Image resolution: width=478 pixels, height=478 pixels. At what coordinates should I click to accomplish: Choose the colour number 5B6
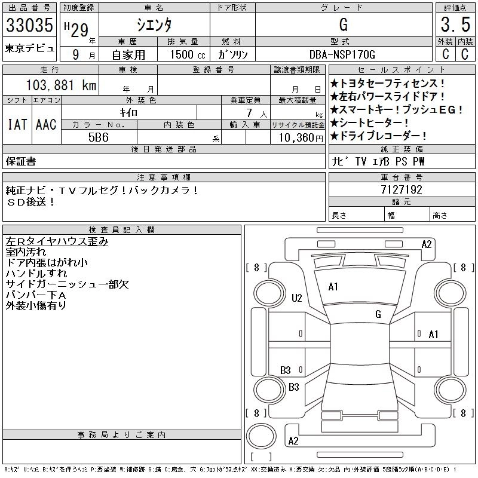99,137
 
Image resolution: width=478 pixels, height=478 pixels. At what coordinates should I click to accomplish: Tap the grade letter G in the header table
343,24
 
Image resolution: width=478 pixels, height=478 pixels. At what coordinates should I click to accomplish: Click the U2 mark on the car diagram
297,298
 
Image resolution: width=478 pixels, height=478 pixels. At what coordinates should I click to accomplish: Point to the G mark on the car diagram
378,314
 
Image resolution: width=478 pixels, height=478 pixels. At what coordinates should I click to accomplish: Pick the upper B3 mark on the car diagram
286,370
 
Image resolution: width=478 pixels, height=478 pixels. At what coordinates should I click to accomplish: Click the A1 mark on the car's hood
333,287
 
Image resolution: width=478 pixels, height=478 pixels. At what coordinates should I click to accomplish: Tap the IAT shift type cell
17,124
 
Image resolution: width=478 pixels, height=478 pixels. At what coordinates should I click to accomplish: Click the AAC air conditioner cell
46,124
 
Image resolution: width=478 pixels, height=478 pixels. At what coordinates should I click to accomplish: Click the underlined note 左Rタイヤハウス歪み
57,242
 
